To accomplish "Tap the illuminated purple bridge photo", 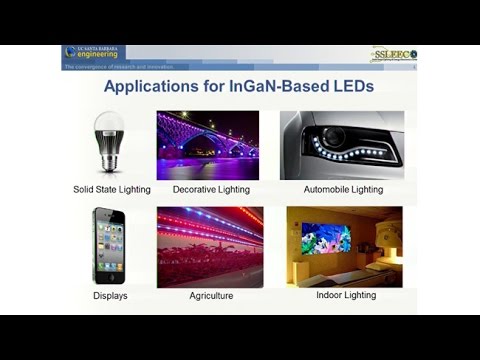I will tap(207, 145).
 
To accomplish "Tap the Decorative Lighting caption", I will tap(211, 189).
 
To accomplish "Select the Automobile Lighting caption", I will tap(343, 189).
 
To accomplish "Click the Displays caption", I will tap(110, 296).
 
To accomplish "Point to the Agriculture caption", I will tap(211, 296).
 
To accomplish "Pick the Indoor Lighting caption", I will tap(344, 296).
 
